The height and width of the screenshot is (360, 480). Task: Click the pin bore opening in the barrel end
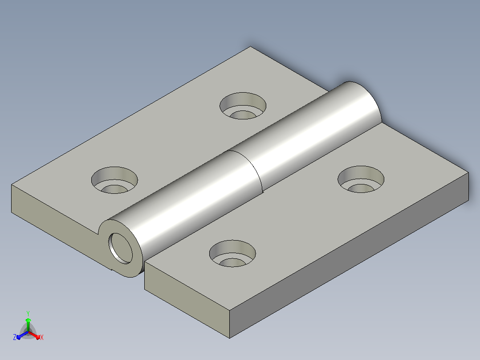(x=120, y=248)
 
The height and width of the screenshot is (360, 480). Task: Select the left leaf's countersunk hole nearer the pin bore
(x=114, y=180)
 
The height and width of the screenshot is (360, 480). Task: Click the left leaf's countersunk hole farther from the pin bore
(x=243, y=106)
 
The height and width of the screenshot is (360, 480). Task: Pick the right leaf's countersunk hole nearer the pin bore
(x=232, y=254)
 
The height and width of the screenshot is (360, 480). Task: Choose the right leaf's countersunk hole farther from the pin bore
(x=361, y=179)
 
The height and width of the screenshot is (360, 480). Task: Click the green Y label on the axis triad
(x=28, y=313)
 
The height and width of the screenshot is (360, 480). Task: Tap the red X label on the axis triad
(x=42, y=337)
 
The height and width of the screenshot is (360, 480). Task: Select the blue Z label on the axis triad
(x=14, y=337)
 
